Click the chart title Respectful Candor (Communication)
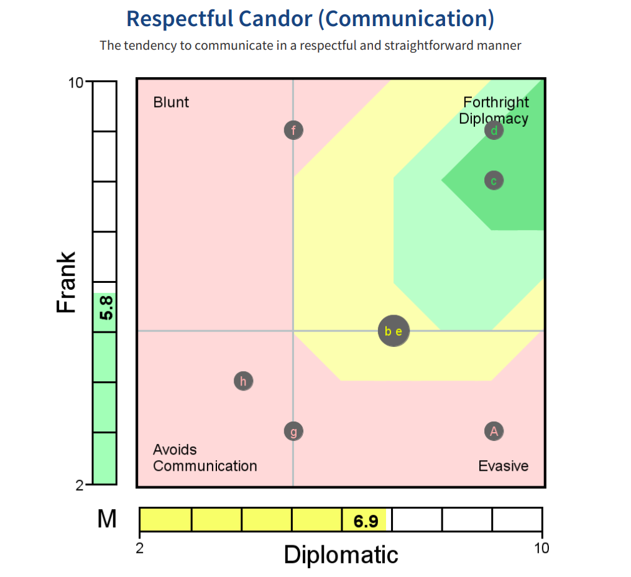click(310, 19)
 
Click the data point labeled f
click(293, 131)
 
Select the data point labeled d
click(494, 131)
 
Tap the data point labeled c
click(494, 181)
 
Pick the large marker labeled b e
click(394, 331)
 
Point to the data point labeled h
click(244, 381)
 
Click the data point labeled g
click(293, 432)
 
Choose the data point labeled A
click(494, 432)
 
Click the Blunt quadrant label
click(171, 103)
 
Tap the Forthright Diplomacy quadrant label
click(495, 111)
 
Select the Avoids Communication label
click(205, 458)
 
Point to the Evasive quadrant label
click(503, 466)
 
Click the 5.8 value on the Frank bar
click(106, 307)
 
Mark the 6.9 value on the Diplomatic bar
click(366, 521)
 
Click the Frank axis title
click(67, 282)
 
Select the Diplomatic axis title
click(341, 555)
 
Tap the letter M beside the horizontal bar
click(107, 519)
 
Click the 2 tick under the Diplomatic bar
click(139, 548)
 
